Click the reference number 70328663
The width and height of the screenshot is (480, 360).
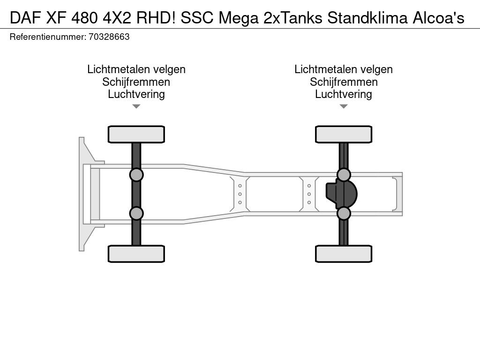tap(109, 37)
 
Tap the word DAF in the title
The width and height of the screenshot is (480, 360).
tap(25, 18)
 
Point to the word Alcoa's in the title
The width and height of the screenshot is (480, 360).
tap(438, 18)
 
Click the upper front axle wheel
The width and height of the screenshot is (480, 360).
tap(136, 135)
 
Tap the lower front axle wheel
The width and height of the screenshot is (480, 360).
tap(136, 254)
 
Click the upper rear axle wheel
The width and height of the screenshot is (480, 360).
tap(344, 135)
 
